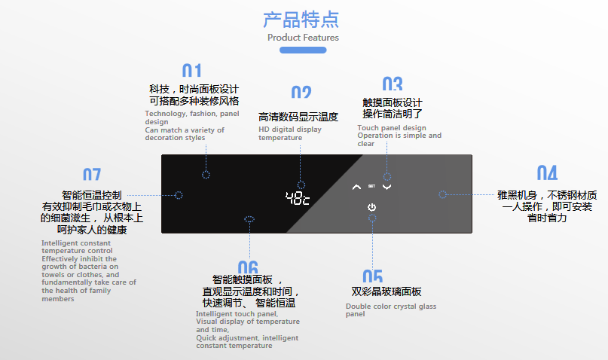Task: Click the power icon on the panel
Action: point(371,207)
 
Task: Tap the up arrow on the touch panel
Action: point(356,188)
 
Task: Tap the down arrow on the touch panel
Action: point(387,188)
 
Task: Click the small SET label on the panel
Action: point(371,186)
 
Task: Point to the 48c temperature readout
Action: point(298,198)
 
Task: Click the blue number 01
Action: point(191,70)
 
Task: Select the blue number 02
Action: point(301,92)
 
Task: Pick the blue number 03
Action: point(393,84)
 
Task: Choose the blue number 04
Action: point(547,172)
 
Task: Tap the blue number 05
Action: point(373,276)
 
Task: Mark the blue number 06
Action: point(248,267)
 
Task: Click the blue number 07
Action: point(92,175)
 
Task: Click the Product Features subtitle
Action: point(303,38)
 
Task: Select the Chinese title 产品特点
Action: point(301,20)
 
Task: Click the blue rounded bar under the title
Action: point(303,50)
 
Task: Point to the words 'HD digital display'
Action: point(290,130)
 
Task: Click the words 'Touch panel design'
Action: point(392,128)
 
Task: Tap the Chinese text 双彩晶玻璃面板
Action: point(386,291)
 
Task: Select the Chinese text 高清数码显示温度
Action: point(298,117)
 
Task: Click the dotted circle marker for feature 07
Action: point(179,195)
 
